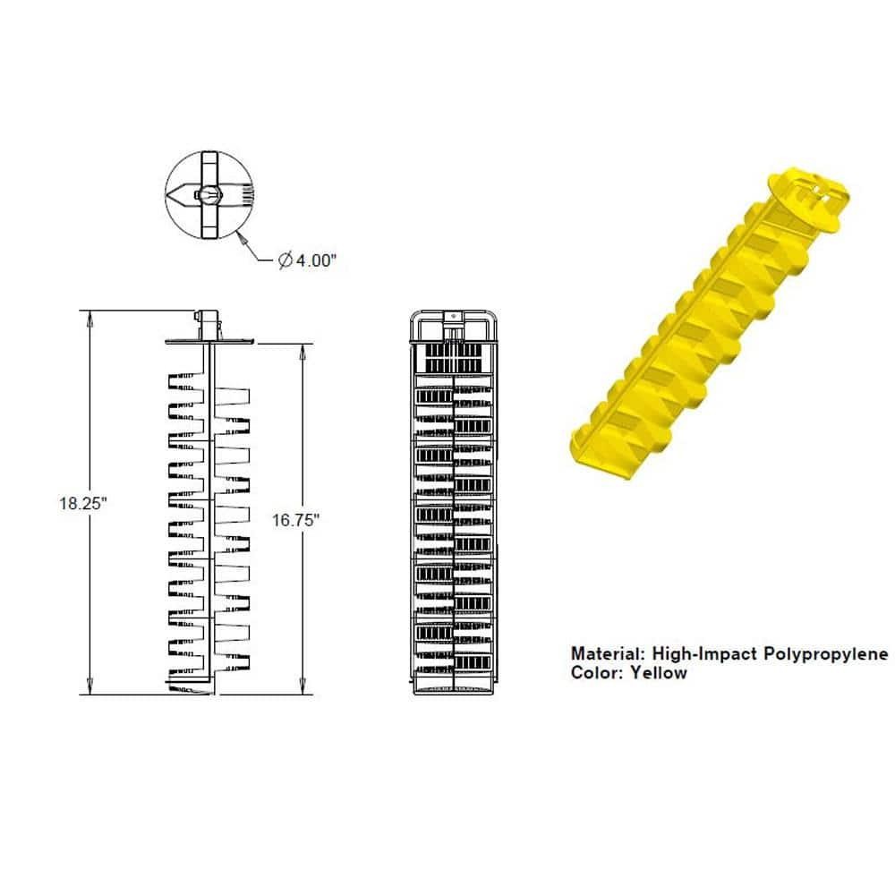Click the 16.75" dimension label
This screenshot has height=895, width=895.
tap(296, 520)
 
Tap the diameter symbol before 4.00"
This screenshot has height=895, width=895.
tap(284, 260)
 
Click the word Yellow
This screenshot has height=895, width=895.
tap(658, 673)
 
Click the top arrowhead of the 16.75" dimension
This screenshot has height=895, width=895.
tap(302, 347)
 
